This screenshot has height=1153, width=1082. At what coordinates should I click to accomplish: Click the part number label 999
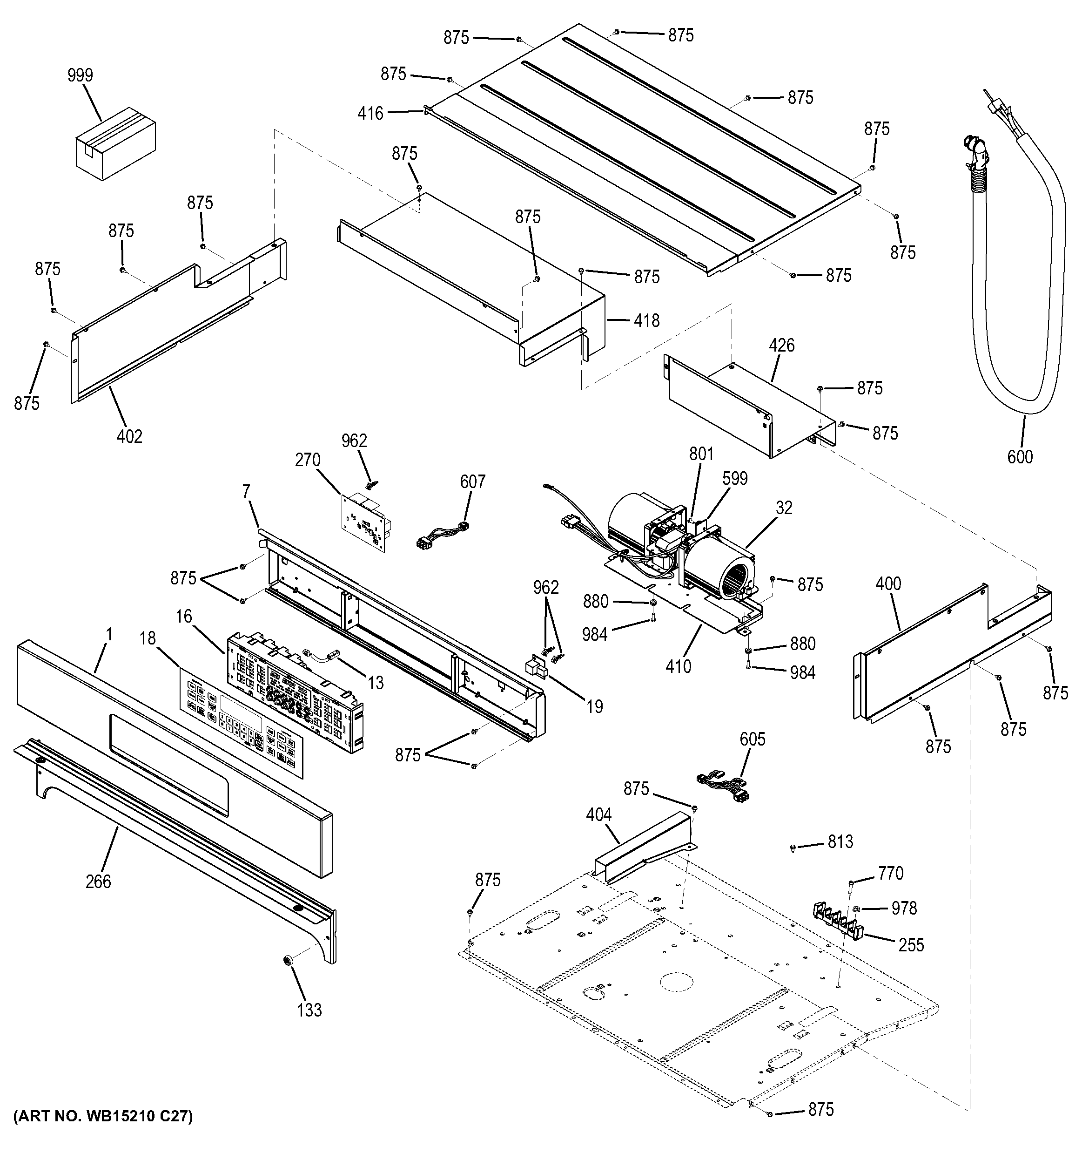(x=80, y=75)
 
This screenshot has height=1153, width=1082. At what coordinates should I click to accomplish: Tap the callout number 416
(x=370, y=113)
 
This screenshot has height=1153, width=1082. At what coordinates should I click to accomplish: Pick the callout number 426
(x=782, y=346)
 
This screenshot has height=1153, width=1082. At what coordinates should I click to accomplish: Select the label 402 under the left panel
(x=129, y=436)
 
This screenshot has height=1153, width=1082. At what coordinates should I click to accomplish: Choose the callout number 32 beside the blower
(x=784, y=508)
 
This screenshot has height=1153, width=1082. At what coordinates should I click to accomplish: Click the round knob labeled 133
(x=286, y=962)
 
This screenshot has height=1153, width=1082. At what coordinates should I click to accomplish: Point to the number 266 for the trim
(x=98, y=882)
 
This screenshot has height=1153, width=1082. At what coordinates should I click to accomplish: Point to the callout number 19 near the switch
(x=594, y=706)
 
